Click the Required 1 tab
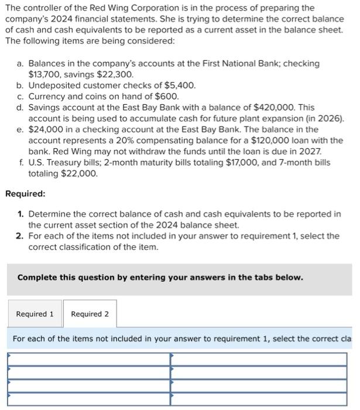35,314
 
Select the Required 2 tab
90,314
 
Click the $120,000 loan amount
272,141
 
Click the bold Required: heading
25,193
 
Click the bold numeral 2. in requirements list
20,236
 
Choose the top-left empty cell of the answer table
88,357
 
